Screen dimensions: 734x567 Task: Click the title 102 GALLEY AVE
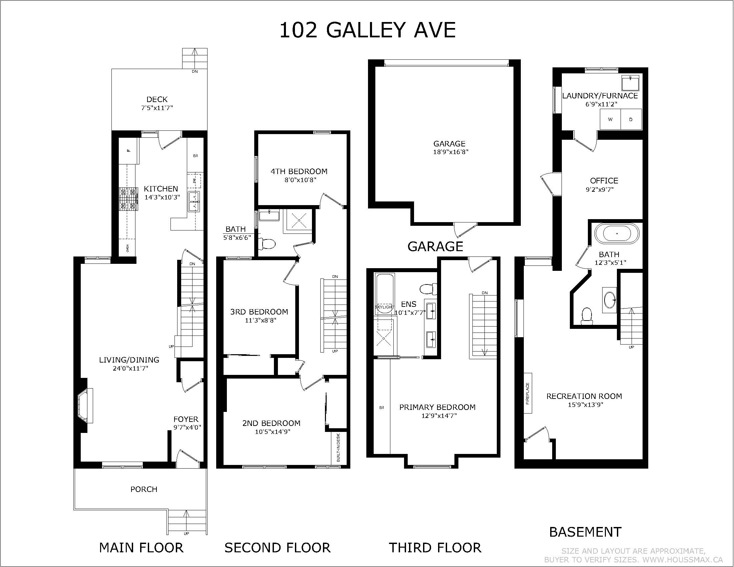click(x=367, y=30)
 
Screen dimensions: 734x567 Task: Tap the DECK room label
click(x=157, y=99)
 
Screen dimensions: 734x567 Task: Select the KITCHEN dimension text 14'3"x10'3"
click(x=162, y=197)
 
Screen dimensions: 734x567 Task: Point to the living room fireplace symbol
click(x=85, y=406)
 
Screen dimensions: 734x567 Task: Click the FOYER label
click(x=186, y=419)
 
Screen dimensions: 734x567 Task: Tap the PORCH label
click(x=144, y=489)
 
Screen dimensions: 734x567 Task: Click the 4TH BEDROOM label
click(x=299, y=172)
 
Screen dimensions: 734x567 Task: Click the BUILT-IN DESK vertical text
click(x=338, y=447)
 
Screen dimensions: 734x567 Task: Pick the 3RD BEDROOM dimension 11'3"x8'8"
click(x=261, y=321)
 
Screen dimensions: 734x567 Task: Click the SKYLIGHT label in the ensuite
click(x=384, y=307)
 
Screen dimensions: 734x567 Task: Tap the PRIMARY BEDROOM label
click(x=437, y=408)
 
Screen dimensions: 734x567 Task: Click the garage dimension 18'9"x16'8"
click(x=451, y=152)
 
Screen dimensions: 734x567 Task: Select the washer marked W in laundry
click(x=610, y=119)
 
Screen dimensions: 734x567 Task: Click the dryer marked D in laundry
click(x=631, y=119)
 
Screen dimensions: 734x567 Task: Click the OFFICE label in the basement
click(x=604, y=181)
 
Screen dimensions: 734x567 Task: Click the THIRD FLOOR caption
click(x=435, y=548)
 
